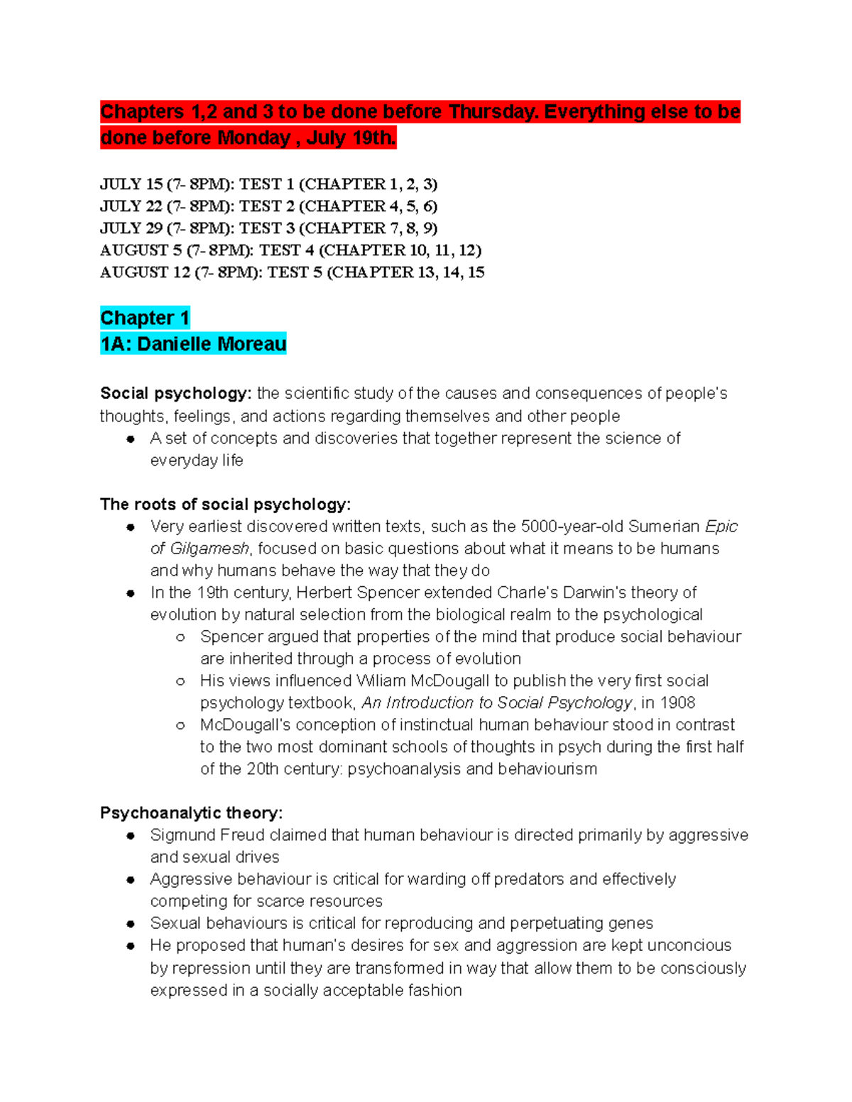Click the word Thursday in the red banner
click(x=493, y=112)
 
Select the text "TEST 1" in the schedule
click(x=266, y=184)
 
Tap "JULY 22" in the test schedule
click(x=131, y=206)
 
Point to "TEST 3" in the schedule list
click(x=266, y=228)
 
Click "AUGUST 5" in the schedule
click(x=141, y=250)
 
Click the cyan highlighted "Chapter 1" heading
click(x=145, y=318)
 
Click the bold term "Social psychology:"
click(x=175, y=394)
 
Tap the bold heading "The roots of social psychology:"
click(x=225, y=505)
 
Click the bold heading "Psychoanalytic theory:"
click(x=191, y=813)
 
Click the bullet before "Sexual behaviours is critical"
click(x=131, y=924)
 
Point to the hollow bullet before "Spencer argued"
click(x=180, y=637)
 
